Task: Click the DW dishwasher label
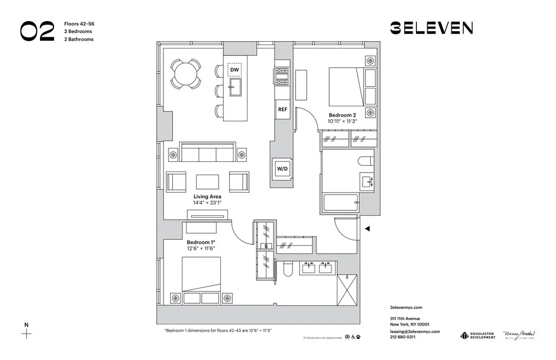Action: tap(235, 70)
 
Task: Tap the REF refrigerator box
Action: tap(282, 109)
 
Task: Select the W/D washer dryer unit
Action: tap(280, 169)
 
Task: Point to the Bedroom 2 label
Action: tap(342, 115)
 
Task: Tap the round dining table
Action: tap(185, 74)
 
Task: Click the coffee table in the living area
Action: tap(208, 182)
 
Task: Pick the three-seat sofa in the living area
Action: tap(208, 152)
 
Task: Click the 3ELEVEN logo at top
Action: tap(431, 28)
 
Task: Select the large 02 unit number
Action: tap(37, 32)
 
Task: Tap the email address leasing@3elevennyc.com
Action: tap(415, 331)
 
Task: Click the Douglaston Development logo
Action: tap(478, 335)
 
